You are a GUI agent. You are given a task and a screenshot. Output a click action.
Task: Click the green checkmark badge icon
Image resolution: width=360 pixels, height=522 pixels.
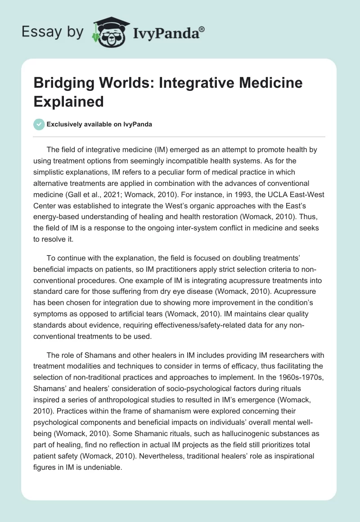[39, 124]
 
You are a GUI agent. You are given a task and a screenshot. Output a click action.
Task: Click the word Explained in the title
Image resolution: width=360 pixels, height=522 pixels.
[69, 101]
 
